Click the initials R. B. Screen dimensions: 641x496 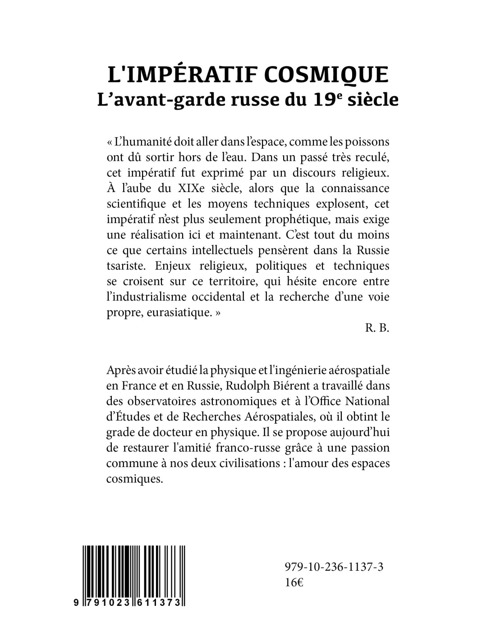point(377,328)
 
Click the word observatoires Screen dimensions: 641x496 point(161,401)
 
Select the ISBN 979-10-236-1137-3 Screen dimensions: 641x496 point(334,568)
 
